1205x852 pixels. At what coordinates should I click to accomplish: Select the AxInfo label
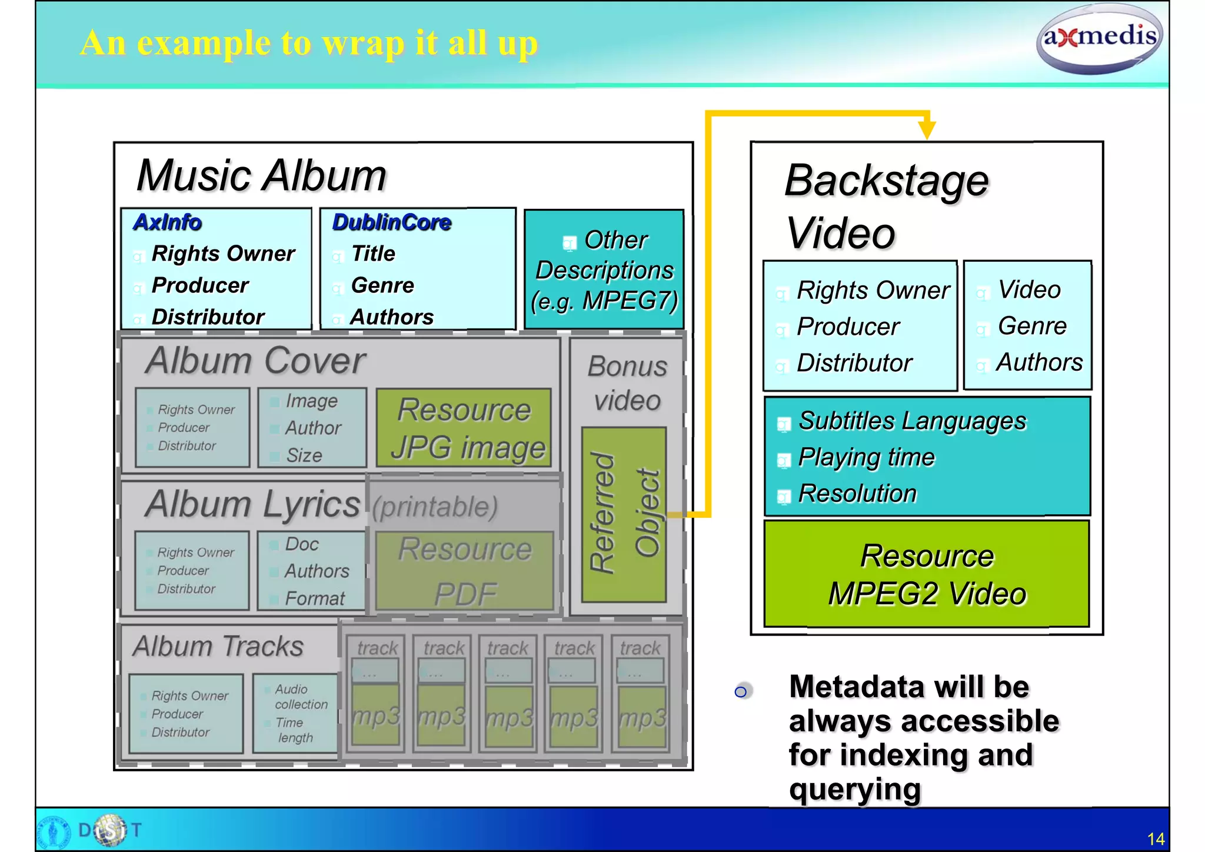pyautogui.click(x=168, y=222)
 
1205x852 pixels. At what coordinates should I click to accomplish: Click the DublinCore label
pyautogui.click(x=392, y=222)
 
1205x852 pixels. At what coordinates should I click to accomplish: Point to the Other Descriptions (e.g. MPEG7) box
pyautogui.click(x=604, y=270)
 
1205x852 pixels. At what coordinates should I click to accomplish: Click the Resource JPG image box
pyautogui.click(x=464, y=428)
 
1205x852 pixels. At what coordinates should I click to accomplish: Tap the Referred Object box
pyautogui.click(x=624, y=514)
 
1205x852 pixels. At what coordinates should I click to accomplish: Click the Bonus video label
pyautogui.click(x=627, y=383)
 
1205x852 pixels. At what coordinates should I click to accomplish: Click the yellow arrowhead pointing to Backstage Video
pyautogui.click(x=927, y=129)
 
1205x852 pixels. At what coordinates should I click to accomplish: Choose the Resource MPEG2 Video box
pyautogui.click(x=927, y=574)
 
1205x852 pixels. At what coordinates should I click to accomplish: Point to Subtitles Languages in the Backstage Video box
pyautogui.click(x=912, y=421)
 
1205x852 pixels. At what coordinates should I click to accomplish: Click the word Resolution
pyautogui.click(x=857, y=494)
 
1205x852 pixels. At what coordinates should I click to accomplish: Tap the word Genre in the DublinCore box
pyautogui.click(x=382, y=285)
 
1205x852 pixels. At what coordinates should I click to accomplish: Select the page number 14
pyautogui.click(x=1155, y=838)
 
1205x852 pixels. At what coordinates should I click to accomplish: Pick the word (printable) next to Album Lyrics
pyautogui.click(x=435, y=507)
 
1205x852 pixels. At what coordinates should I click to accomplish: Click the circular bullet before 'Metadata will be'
pyautogui.click(x=741, y=691)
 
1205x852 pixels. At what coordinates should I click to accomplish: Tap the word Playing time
pyautogui.click(x=866, y=457)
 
